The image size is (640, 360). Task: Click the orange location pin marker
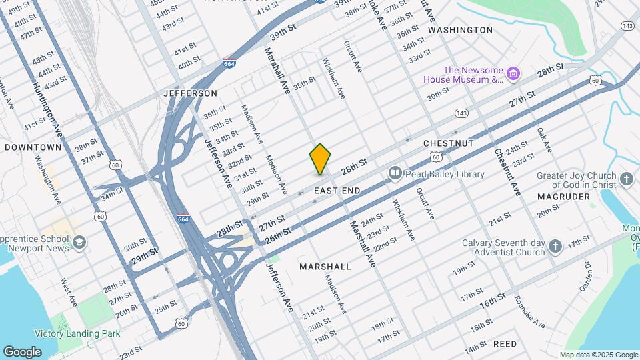coord(320,159)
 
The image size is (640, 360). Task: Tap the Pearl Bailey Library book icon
coord(395,174)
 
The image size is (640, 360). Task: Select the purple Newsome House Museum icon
coord(513,73)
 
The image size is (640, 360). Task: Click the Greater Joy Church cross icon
coord(625,179)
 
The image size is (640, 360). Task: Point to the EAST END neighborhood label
coord(337,191)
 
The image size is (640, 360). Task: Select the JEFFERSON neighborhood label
coord(191,93)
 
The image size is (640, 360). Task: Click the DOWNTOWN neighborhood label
coord(33,147)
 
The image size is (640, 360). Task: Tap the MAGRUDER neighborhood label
coord(563,197)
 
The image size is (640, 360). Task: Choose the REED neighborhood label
coord(505,344)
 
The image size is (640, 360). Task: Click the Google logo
coord(22,351)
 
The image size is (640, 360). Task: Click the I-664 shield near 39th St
coord(229,64)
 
